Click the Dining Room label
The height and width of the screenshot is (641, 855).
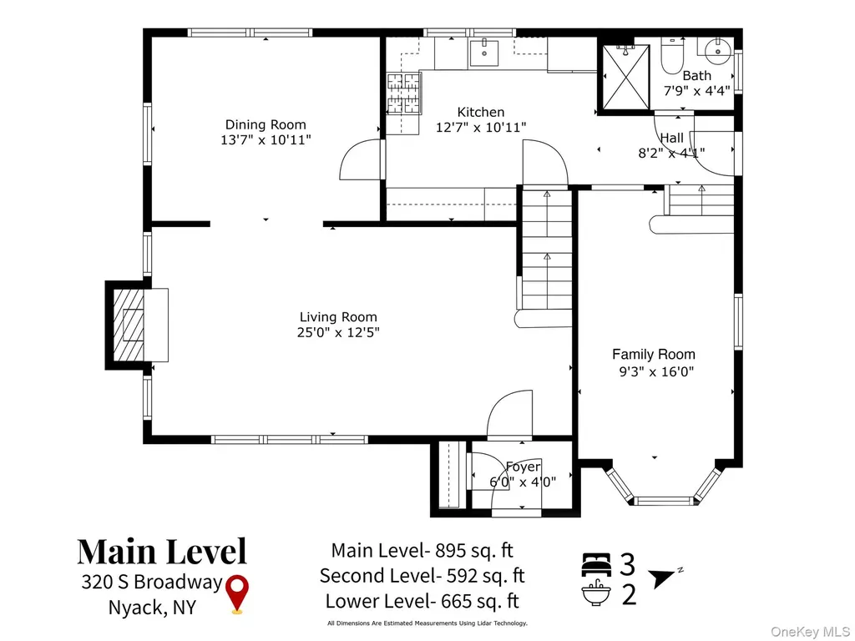tap(266, 125)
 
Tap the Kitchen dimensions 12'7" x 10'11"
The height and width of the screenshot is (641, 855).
tap(481, 128)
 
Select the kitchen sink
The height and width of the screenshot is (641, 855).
tap(483, 53)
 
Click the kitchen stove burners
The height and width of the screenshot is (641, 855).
tap(403, 93)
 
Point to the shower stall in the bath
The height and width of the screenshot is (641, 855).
tap(626, 78)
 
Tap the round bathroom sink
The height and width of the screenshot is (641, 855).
tap(718, 52)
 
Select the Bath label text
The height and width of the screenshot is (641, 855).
tap(697, 76)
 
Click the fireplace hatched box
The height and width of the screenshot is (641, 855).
tap(129, 325)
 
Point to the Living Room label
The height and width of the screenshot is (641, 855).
tap(338, 316)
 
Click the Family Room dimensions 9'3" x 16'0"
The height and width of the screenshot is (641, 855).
tap(655, 371)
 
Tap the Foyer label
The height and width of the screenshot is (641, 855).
tap(523, 467)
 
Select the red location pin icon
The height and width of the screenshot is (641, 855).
tap(237, 594)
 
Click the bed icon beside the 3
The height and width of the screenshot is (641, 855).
tap(596, 564)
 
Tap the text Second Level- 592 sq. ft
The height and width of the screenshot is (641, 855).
tap(422, 576)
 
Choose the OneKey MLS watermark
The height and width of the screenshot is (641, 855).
tap(809, 631)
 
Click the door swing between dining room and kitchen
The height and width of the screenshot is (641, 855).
tap(361, 159)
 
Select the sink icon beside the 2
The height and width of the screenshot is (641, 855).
tap(596, 593)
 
